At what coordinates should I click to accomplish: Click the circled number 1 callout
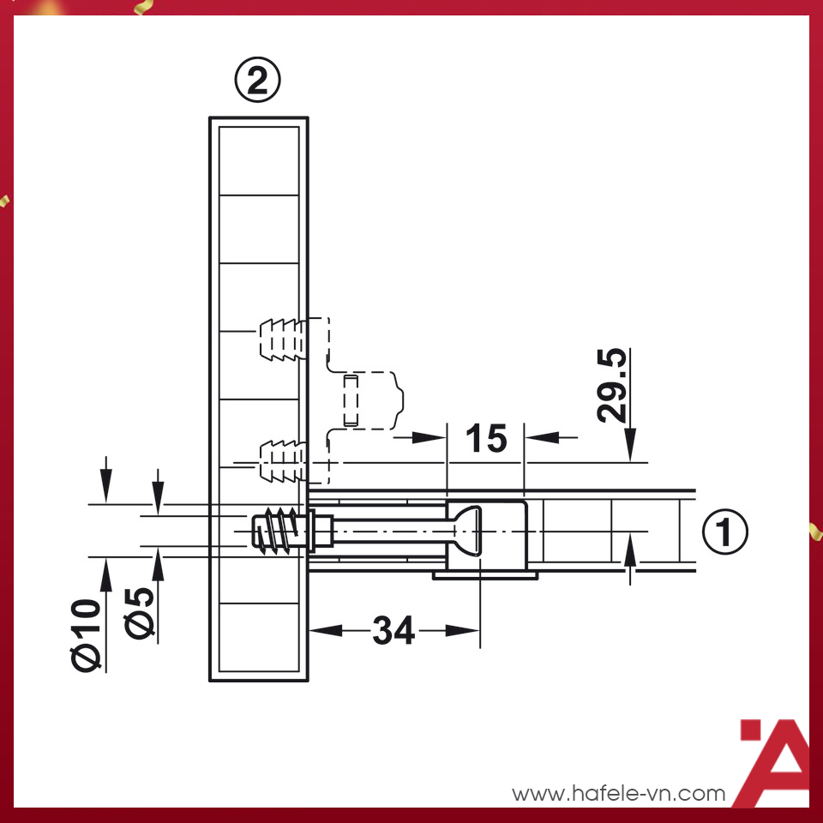coord(725,532)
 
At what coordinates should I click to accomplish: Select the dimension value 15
coord(485,438)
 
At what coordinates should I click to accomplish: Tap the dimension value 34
coord(393,632)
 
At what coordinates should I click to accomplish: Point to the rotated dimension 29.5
coord(613,385)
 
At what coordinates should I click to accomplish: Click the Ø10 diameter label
coord(87,634)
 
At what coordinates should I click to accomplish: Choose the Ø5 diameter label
coord(141,612)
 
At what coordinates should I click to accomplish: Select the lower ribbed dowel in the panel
coord(279,460)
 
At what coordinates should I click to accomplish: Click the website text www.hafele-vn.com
coord(619,794)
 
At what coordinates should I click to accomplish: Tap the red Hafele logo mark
coord(773,763)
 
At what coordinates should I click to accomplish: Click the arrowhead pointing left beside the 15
coord(540,437)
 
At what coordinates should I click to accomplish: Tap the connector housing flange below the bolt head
coord(485,574)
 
